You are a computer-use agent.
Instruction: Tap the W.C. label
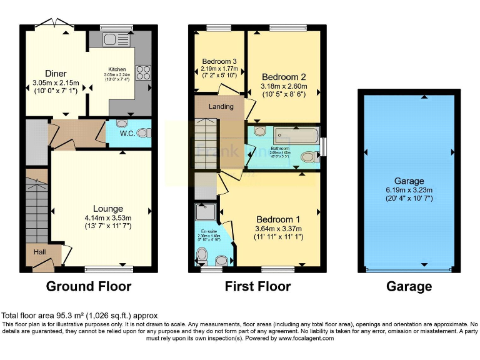(127, 133)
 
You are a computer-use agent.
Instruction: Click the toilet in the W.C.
(144, 132)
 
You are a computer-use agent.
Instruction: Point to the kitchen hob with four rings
(142, 72)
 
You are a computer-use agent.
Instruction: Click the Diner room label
(55, 74)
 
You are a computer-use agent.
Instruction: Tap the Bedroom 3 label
(216, 61)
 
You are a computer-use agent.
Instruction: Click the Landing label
(221, 106)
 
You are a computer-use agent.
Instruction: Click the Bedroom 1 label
(278, 219)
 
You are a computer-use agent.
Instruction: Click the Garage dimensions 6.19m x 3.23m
(409, 191)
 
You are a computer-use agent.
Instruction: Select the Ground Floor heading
(89, 287)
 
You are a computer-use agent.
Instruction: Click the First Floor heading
(257, 287)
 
